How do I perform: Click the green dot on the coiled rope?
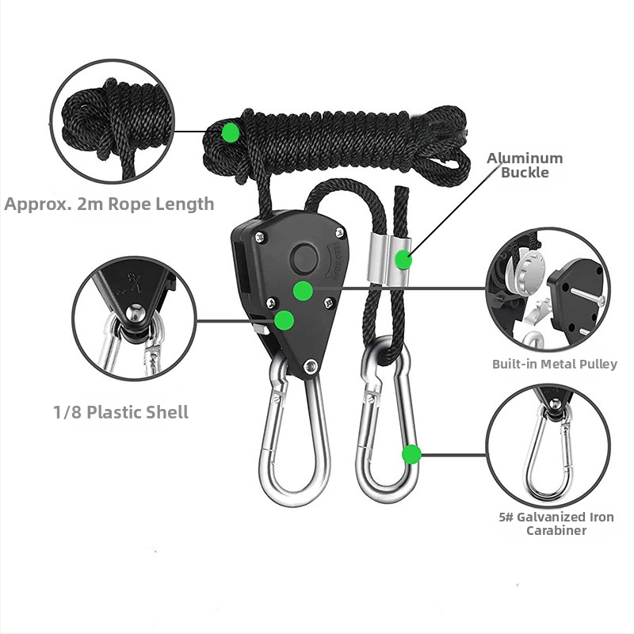click(x=231, y=132)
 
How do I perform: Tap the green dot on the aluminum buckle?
click(x=403, y=260)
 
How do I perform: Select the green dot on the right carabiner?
click(x=411, y=454)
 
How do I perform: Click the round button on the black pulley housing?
click(x=304, y=258)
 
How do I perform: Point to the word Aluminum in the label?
click(x=525, y=158)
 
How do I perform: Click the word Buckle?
click(x=525, y=173)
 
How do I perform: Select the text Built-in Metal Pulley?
click(x=554, y=365)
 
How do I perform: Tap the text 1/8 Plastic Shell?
click(x=120, y=412)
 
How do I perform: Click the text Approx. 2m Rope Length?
click(x=109, y=204)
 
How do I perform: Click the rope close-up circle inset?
click(x=113, y=120)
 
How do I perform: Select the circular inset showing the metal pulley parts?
click(x=548, y=289)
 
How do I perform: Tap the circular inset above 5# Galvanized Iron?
click(x=548, y=445)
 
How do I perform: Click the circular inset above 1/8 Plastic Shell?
click(x=135, y=319)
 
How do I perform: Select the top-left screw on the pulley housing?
click(x=260, y=237)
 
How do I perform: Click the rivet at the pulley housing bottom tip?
click(x=310, y=366)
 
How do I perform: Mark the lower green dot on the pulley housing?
click(x=284, y=320)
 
